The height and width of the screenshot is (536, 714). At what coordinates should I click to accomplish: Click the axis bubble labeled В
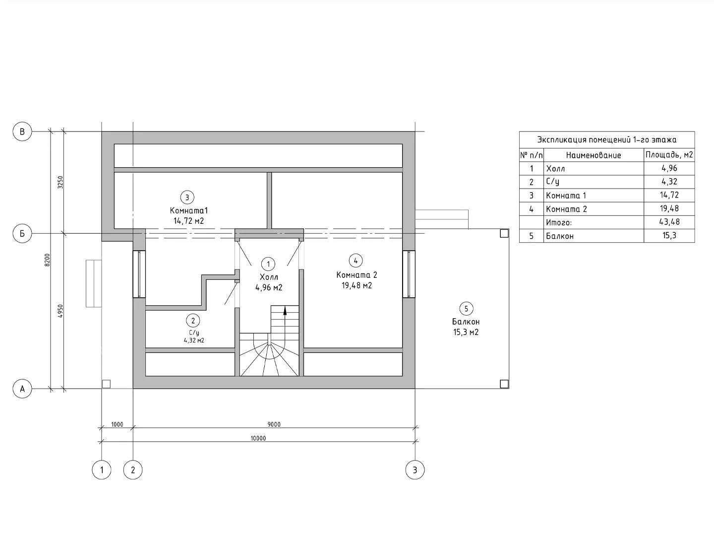click(22, 132)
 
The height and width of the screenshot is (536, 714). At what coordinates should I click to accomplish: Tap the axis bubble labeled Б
click(22, 233)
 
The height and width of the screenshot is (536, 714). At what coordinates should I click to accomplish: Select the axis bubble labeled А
click(22, 389)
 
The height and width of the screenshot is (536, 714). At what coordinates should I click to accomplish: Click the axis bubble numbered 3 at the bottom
click(415, 469)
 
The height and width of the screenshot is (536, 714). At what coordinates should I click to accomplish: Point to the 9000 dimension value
click(274, 424)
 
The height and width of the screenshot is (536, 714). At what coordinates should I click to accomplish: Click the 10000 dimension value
click(258, 438)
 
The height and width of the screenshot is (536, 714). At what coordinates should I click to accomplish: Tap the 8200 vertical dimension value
click(47, 260)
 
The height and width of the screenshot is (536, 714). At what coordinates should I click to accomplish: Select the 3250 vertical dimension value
click(60, 182)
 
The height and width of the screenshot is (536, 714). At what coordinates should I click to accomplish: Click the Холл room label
click(269, 277)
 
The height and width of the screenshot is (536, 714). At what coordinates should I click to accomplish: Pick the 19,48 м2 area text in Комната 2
click(357, 285)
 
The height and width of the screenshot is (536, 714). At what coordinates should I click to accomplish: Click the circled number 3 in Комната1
click(187, 198)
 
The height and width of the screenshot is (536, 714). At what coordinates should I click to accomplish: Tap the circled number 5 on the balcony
click(466, 309)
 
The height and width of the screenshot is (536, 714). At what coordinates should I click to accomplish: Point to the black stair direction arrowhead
click(285, 311)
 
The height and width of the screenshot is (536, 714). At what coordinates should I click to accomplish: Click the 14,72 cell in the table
click(669, 195)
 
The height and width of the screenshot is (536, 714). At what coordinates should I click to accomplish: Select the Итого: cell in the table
click(559, 222)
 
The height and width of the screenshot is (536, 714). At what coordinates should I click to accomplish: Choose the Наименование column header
click(594, 155)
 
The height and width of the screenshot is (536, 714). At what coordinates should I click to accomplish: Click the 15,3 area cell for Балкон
click(669, 236)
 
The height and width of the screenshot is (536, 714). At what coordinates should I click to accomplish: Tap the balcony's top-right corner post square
click(504, 233)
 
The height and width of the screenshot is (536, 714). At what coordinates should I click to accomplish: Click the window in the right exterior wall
click(409, 274)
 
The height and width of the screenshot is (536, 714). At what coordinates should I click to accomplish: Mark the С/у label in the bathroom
click(194, 333)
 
